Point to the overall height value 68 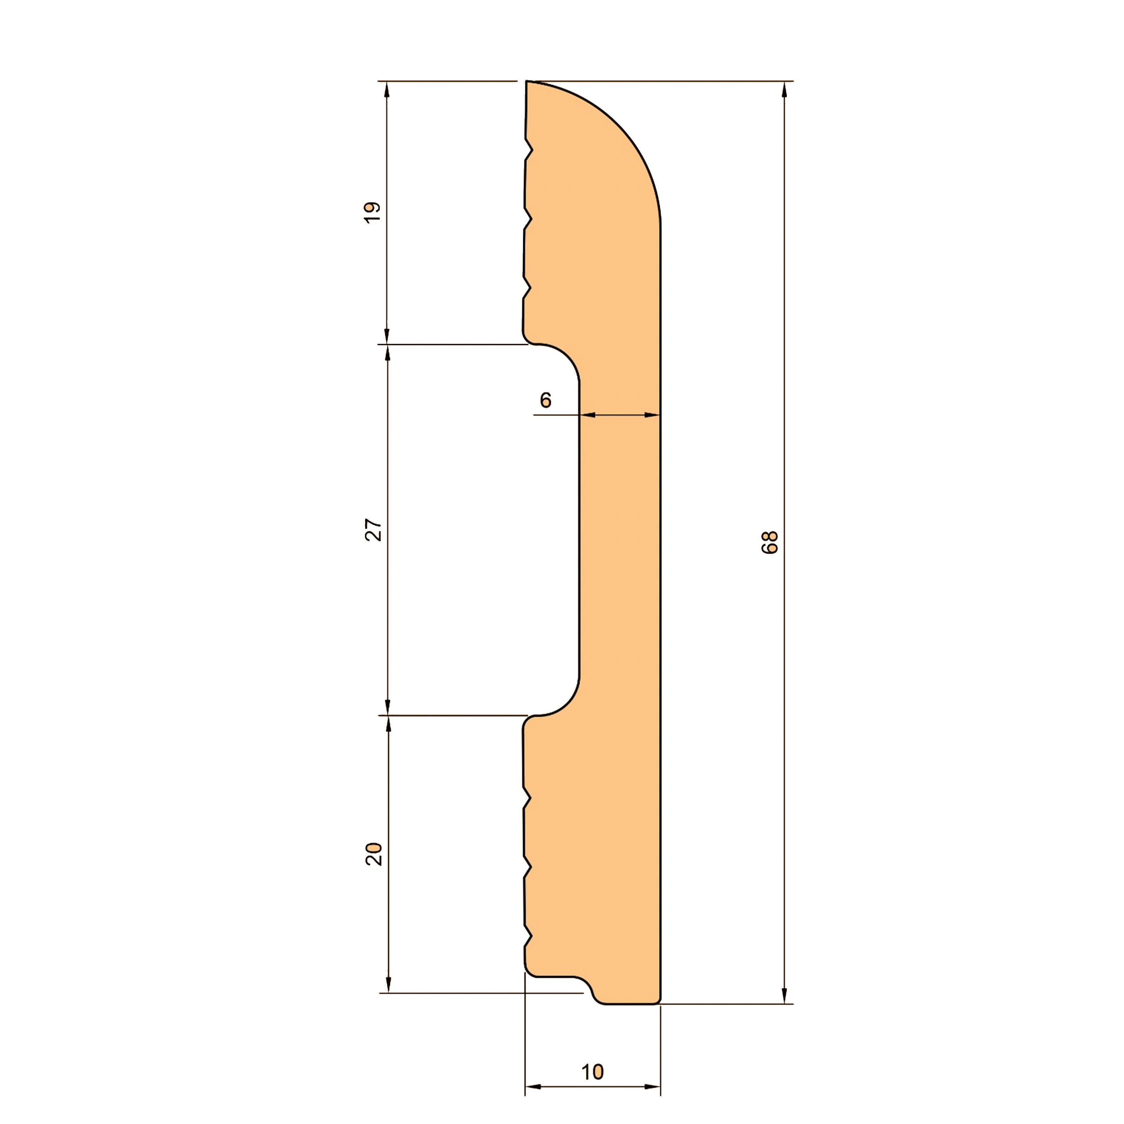770,542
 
